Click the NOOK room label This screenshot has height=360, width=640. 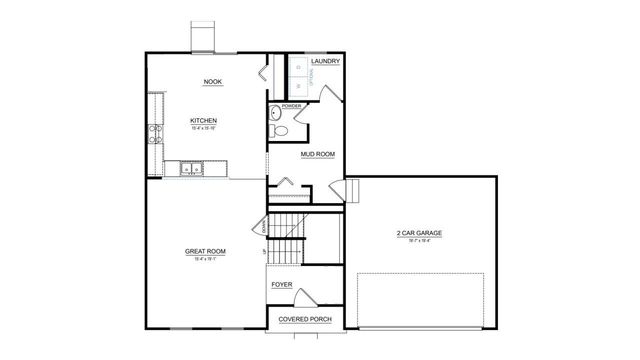coord(212,82)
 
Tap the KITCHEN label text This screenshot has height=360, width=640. coord(204,121)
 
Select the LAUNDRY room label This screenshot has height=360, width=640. coord(326,62)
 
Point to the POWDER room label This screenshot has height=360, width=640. coord(292,105)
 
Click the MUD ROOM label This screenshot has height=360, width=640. coord(317,154)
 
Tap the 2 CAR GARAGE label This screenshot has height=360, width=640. coord(419,233)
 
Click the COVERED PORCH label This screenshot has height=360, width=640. coord(305,319)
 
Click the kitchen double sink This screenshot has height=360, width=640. coord(192,169)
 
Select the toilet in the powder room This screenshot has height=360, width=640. coord(282,130)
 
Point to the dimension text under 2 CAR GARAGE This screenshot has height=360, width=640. coord(419,240)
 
